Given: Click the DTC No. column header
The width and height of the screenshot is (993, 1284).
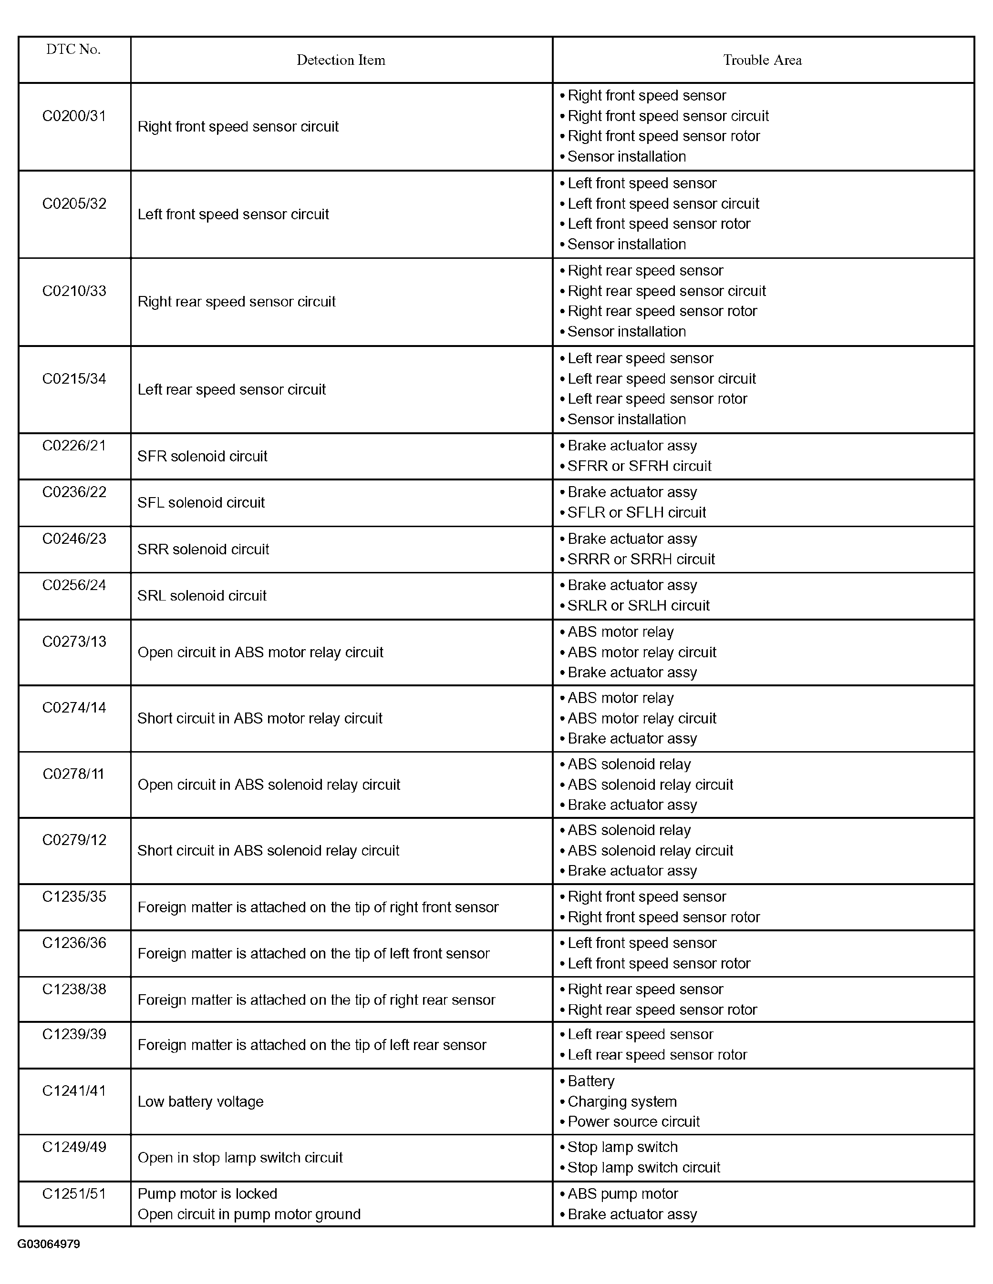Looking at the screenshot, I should (73, 50).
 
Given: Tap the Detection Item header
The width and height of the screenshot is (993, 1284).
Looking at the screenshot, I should (341, 60).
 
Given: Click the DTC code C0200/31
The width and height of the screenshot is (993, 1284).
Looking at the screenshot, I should (74, 116).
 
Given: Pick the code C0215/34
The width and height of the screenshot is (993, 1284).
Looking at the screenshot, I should (74, 378).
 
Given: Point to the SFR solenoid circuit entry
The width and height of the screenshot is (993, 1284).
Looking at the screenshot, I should (202, 456).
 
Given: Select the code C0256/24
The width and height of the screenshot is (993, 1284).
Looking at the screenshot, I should (74, 585).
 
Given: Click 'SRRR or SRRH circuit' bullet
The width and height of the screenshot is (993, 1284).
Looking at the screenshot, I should (641, 559).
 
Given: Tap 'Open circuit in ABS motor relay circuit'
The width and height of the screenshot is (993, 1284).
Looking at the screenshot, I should (260, 652).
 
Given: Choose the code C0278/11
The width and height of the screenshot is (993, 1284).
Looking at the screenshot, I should (73, 774).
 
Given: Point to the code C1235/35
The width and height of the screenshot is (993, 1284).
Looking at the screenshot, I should (74, 897).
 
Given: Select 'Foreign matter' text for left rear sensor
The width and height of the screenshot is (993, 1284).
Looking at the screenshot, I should (312, 1045).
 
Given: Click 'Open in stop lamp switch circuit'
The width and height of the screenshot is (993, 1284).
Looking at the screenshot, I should (240, 1157).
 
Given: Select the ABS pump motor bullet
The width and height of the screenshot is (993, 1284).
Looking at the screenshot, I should (622, 1193).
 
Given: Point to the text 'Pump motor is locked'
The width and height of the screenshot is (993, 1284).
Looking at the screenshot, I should (207, 1193).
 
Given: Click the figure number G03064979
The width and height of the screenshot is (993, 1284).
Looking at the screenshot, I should (49, 1244).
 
